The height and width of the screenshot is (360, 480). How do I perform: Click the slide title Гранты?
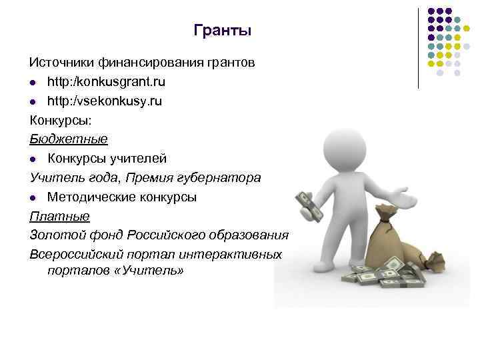(x=222, y=31)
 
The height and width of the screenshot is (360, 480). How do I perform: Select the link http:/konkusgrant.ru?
(x=106, y=82)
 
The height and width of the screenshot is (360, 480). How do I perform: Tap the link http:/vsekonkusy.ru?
(x=104, y=101)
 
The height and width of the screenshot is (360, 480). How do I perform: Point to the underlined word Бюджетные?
(x=68, y=140)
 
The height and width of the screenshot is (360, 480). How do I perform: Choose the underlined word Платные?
(x=59, y=217)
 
